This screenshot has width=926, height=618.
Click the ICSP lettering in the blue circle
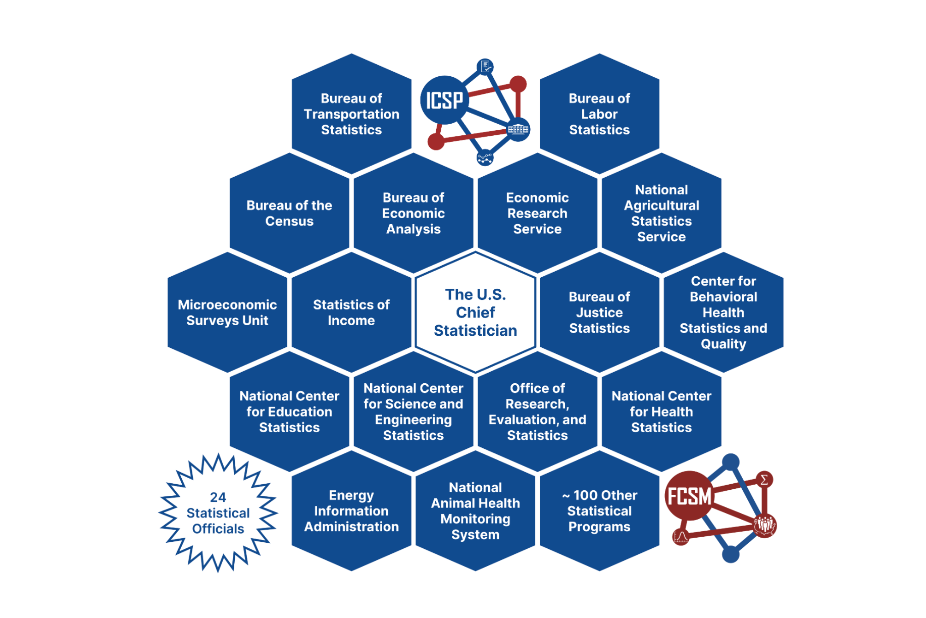click(x=444, y=100)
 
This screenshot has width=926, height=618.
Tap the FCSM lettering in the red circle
click(x=689, y=496)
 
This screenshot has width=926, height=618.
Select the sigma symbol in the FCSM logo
click(x=764, y=479)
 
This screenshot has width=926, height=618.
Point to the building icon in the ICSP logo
click(x=518, y=129)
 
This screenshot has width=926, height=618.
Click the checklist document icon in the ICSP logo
click(x=485, y=66)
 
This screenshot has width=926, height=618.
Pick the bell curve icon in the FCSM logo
click(x=681, y=537)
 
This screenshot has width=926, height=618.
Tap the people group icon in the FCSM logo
click(x=764, y=525)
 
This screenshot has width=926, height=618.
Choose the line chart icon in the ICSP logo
click(x=485, y=158)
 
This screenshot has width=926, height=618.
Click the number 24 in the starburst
click(x=218, y=497)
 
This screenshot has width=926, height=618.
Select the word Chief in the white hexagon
click(x=475, y=313)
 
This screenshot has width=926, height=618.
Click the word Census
click(x=289, y=221)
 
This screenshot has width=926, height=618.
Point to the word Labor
click(x=599, y=114)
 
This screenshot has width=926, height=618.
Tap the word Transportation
click(x=351, y=114)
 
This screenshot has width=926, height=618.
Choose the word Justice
click(x=599, y=313)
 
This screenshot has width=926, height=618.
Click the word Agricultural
click(x=661, y=205)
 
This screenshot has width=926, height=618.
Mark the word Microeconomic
click(x=227, y=304)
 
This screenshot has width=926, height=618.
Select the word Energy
click(x=351, y=495)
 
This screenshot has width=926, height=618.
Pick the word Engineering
click(x=413, y=420)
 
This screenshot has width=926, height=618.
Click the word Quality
click(x=723, y=344)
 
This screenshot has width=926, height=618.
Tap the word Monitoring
click(x=475, y=519)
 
